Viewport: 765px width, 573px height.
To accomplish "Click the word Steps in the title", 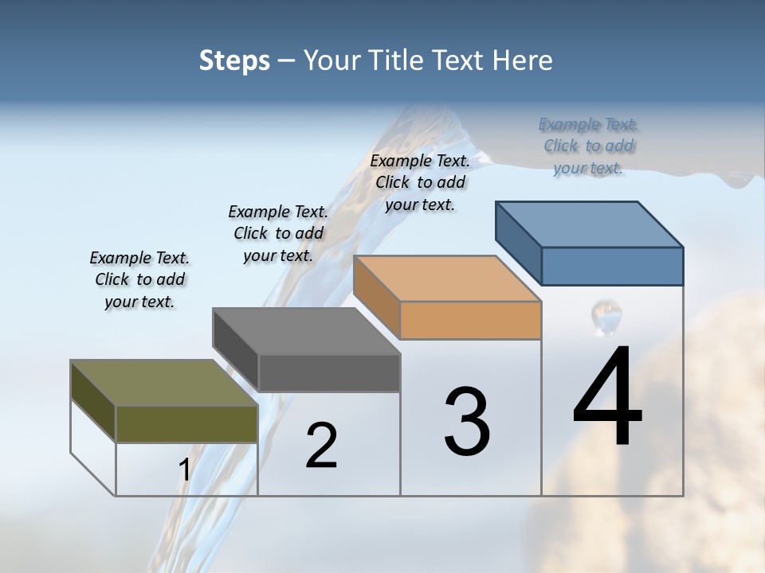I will click(x=234, y=60).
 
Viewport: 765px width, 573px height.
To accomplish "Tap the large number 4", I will click(x=607, y=398).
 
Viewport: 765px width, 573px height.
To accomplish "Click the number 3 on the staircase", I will click(x=467, y=422).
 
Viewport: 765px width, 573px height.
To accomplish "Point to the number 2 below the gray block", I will click(x=321, y=446).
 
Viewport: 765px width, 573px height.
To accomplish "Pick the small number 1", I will click(x=185, y=470).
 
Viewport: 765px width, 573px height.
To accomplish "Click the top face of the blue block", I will click(x=590, y=224).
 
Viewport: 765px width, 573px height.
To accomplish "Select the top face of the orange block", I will click(x=448, y=279).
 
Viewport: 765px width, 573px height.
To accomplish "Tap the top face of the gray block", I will click(x=307, y=331).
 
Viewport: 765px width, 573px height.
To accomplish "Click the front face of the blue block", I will click(x=612, y=266).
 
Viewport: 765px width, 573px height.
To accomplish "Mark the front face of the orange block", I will click(x=470, y=320).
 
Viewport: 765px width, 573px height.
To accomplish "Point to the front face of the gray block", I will click(x=329, y=372).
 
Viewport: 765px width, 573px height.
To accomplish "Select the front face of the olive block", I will click(x=186, y=423).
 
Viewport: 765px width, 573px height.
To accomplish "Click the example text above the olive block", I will click(x=139, y=279).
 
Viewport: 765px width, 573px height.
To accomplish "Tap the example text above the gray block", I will click(x=278, y=233).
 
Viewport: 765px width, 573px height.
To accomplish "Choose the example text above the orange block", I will click(x=420, y=182).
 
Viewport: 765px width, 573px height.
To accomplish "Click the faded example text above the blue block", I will click(x=588, y=146).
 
